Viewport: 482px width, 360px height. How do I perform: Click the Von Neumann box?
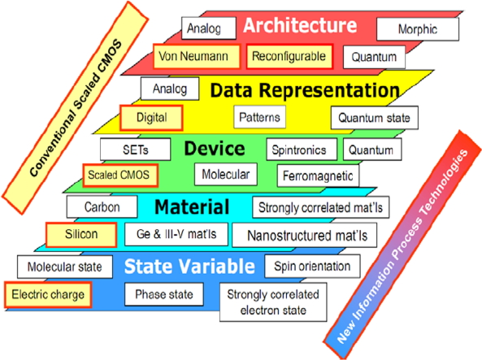197,56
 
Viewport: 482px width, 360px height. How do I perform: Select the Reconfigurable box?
289,56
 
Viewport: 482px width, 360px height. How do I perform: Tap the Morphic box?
418,29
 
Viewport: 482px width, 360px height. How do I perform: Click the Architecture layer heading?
300,25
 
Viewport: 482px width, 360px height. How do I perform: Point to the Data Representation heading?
305,90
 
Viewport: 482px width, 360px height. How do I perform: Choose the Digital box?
151,118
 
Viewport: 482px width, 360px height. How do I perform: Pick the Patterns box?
260,117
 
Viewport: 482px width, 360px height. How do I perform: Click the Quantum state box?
375,118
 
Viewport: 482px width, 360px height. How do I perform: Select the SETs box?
135,150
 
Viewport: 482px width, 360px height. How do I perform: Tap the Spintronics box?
302,150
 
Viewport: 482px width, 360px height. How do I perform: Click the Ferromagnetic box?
318,176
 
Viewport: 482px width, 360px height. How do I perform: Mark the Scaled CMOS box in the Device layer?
120,176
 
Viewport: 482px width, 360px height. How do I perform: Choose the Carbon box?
102,207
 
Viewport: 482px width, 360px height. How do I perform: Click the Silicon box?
81,235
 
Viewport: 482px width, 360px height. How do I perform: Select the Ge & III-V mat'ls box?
176,234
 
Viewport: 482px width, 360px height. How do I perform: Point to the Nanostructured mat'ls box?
304,236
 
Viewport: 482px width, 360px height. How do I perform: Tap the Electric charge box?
48,295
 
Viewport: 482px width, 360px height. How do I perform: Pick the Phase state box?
164,294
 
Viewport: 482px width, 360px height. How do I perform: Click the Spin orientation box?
312,267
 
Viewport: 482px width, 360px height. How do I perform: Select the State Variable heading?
189,266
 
